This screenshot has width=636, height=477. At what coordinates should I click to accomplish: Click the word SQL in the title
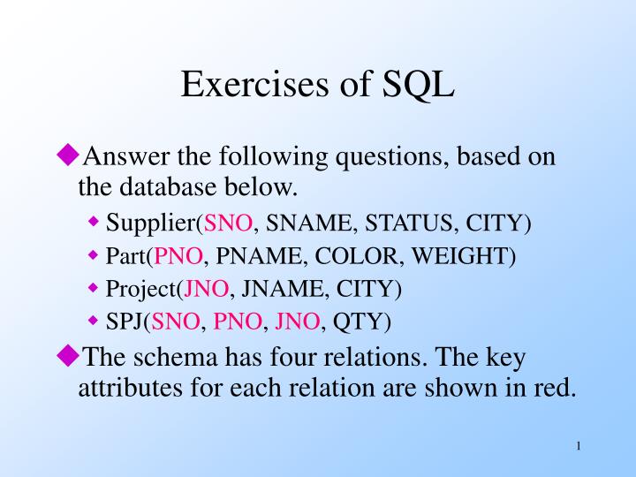pyautogui.click(x=419, y=85)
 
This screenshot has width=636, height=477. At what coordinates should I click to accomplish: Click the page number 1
pyautogui.click(x=578, y=446)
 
